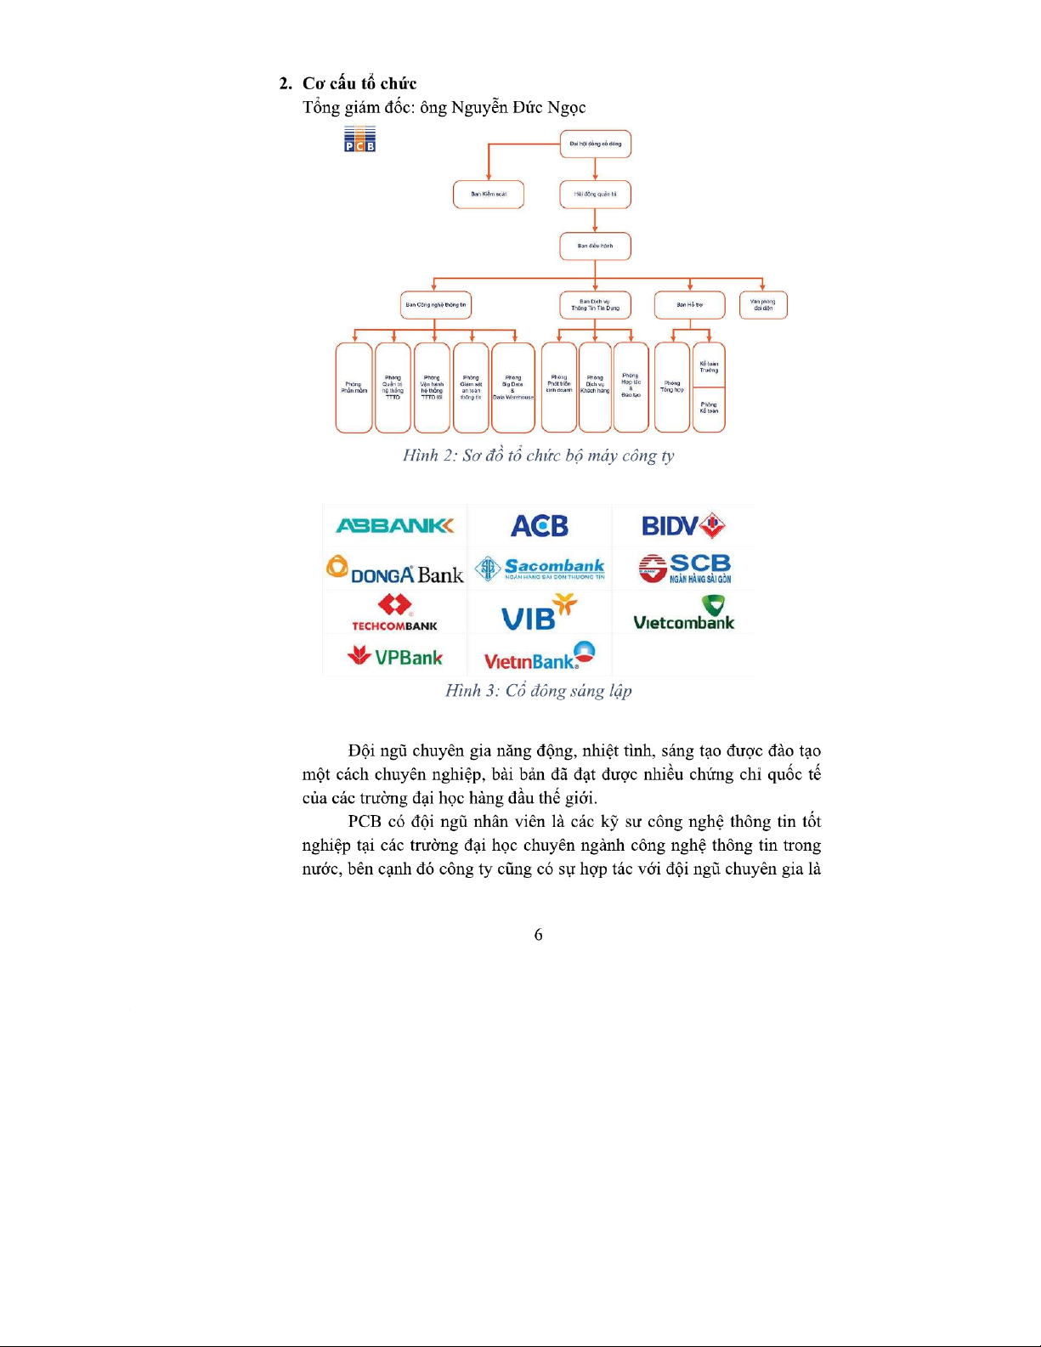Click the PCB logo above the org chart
[359, 139]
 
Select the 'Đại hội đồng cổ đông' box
[595, 144]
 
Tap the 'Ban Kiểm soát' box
[489, 195]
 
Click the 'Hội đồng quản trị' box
[595, 195]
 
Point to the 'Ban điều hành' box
[595, 246]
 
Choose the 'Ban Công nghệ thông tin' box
[435, 305]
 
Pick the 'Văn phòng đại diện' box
[763, 305]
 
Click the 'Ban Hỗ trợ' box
[689, 305]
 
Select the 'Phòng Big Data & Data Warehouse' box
[513, 388]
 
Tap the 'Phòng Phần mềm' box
[354, 388]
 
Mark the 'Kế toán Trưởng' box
[709, 366]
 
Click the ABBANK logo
[395, 526]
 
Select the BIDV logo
[683, 526]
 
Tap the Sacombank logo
[540, 569]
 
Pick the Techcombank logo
[395, 613]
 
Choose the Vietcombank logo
[683, 613]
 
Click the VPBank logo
[395, 656]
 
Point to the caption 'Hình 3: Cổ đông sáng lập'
[539, 691]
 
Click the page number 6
[538, 935]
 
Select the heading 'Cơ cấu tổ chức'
[359, 83]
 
